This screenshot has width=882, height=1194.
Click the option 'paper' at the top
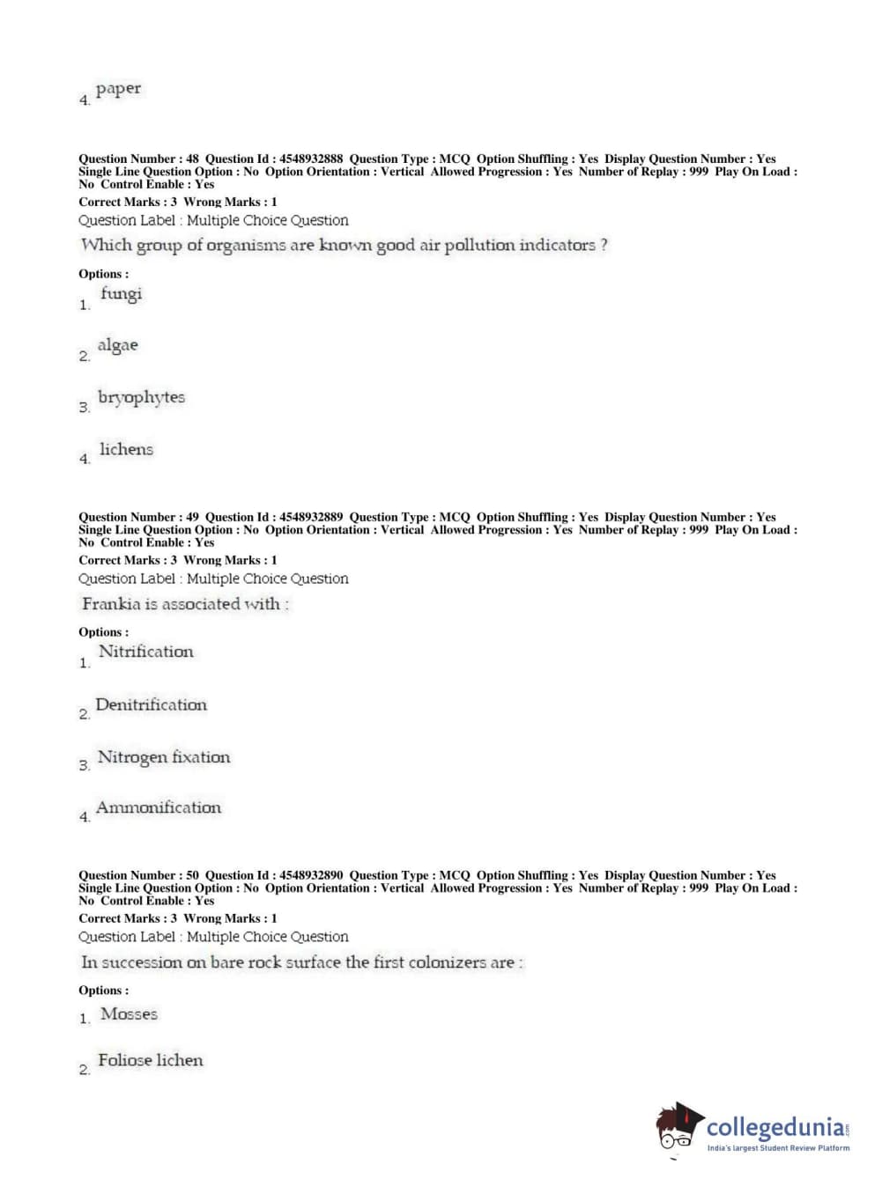118,89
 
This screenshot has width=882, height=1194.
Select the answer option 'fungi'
121,294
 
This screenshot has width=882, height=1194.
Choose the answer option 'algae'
118,345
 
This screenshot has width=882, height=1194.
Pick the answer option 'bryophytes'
141,397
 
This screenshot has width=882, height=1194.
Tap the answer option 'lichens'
126,449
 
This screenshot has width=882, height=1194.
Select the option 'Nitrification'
145,652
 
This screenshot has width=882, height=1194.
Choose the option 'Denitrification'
151,704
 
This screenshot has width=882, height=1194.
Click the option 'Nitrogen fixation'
163,757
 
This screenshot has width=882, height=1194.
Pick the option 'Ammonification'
158,807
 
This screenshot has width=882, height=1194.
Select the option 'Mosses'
129,1013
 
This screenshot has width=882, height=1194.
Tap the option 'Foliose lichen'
150,1060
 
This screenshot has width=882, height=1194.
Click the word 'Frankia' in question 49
111,604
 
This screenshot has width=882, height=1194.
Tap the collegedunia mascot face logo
678,1127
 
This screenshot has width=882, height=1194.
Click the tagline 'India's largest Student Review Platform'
778,1148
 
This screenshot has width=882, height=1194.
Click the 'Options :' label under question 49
103,632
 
